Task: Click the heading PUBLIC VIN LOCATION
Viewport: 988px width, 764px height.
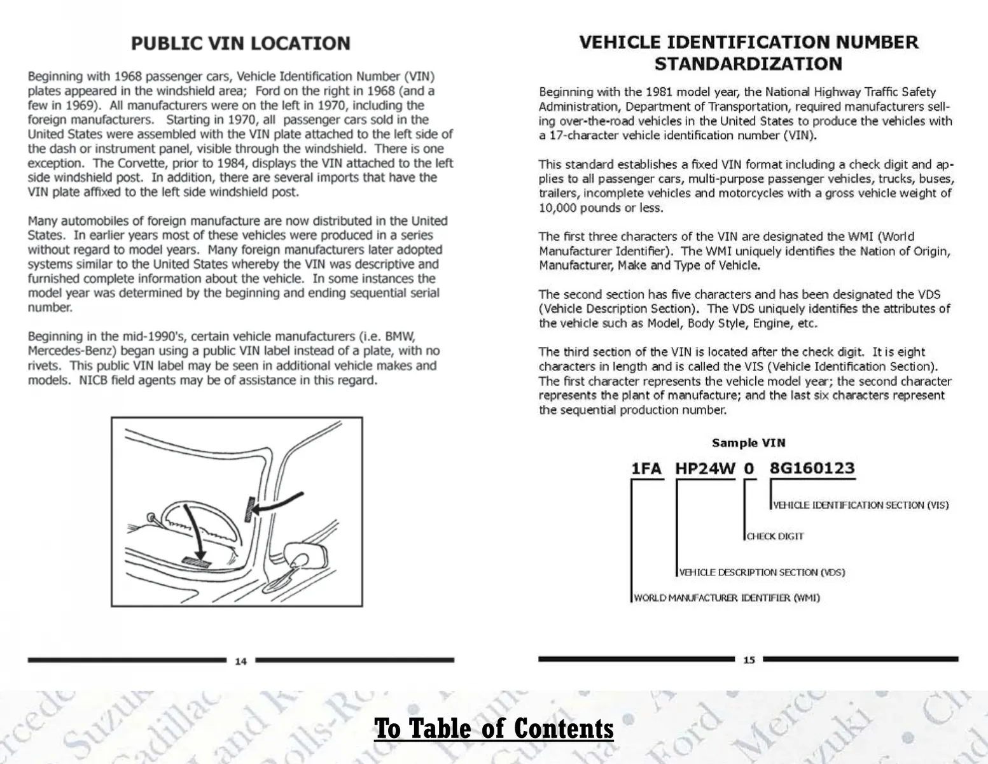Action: [x=240, y=43]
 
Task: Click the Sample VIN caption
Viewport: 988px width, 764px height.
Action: [x=748, y=443]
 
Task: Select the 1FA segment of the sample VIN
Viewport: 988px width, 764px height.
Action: [x=646, y=469]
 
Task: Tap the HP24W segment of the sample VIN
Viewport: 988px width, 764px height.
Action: [x=704, y=469]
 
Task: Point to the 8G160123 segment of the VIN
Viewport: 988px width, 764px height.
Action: [x=812, y=469]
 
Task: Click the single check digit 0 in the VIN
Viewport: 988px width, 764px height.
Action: [x=749, y=469]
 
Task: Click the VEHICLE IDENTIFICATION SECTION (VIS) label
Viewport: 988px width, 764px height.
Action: [x=860, y=505]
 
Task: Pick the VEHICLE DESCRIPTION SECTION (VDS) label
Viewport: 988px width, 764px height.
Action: [x=762, y=572]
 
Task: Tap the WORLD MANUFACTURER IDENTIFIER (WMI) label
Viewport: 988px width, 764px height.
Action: [x=727, y=598]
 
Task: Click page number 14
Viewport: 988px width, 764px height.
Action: [x=240, y=661]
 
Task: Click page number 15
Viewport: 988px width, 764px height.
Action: [x=749, y=660]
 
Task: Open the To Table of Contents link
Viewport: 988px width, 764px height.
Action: [x=494, y=728]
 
